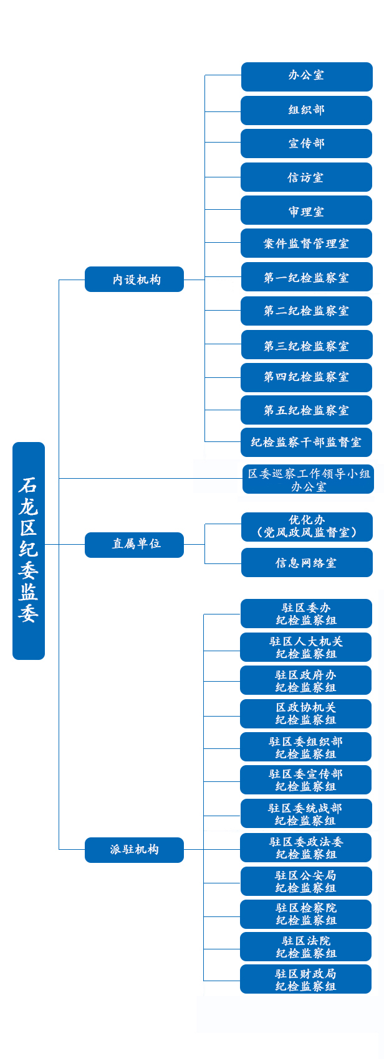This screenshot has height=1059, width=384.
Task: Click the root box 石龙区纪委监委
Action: [x=29, y=550]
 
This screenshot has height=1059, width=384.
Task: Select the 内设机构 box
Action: [x=134, y=280]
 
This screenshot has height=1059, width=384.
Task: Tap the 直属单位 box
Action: [x=134, y=544]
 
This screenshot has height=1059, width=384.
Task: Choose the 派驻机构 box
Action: [x=134, y=850]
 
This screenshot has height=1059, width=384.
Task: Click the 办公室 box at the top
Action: [x=306, y=76]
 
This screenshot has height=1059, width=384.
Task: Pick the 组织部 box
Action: [x=306, y=110]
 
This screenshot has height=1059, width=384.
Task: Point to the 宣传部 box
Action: [x=306, y=144]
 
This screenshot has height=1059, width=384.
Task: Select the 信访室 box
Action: [x=306, y=177]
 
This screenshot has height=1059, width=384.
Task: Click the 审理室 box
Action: [x=306, y=211]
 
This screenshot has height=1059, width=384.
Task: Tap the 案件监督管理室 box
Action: [x=306, y=243]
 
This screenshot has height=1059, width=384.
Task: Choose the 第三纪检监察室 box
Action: [x=306, y=346]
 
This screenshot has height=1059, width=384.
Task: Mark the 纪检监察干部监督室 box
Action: [x=306, y=442]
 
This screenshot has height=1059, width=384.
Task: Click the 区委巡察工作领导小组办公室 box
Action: [x=308, y=479]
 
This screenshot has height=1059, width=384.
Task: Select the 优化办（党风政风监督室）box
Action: [x=306, y=527]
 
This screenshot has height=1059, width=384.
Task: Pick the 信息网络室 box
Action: [x=306, y=563]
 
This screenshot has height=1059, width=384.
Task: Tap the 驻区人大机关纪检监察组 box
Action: [x=305, y=647]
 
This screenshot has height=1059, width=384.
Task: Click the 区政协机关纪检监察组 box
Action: [x=305, y=713]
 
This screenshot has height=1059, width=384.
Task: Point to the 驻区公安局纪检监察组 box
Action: [x=305, y=882]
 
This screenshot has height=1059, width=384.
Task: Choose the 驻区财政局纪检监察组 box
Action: [x=305, y=979]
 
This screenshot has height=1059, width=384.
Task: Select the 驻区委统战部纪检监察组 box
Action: [x=305, y=814]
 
